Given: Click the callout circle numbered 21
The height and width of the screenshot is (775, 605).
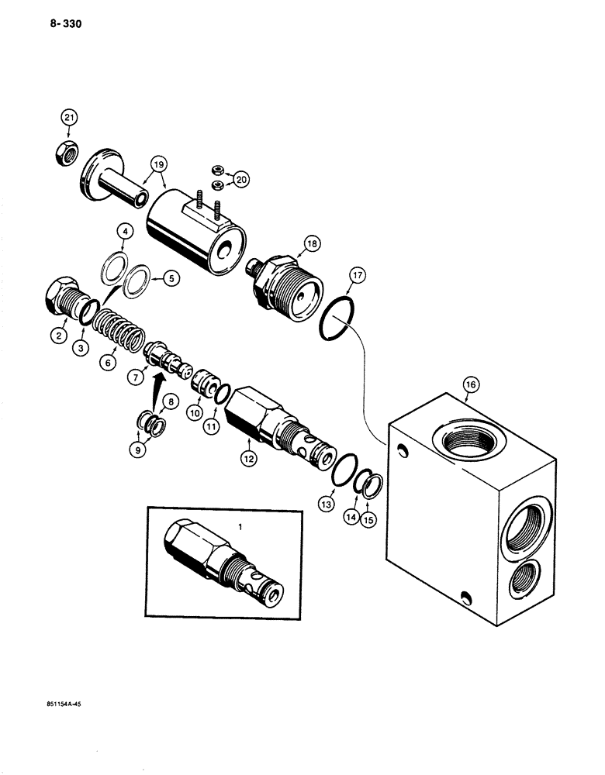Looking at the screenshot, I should click(70, 118).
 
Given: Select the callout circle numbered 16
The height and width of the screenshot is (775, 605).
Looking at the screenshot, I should click(469, 384).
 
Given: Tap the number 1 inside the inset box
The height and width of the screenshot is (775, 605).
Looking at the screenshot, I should click(240, 526).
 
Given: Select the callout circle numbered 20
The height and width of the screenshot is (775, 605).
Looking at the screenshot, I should click(241, 180).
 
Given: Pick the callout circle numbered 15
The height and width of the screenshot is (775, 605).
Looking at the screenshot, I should click(368, 519).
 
